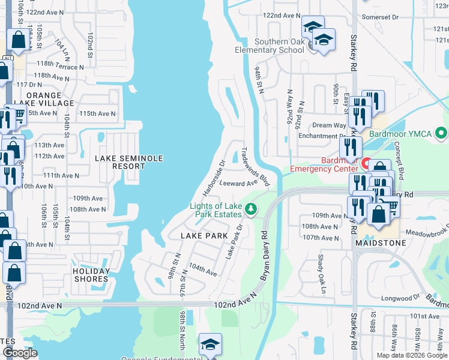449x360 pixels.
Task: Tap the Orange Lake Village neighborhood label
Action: click(x=44, y=100)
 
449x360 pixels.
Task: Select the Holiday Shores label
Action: click(x=91, y=274)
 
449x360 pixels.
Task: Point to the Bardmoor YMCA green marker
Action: click(x=442, y=133)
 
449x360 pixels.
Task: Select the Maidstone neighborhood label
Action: click(x=380, y=243)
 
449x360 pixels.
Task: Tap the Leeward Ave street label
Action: click(x=238, y=184)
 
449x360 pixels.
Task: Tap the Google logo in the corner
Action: click(x=20, y=353)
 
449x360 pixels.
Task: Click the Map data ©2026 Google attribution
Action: click(x=411, y=355)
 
